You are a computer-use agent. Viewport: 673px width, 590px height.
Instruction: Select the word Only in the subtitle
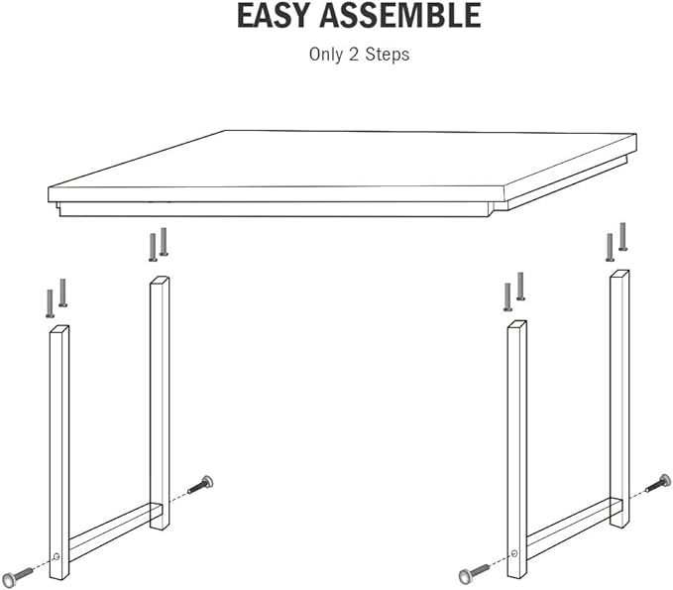tap(326, 55)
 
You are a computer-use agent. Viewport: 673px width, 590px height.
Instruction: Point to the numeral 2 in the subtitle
tap(355, 55)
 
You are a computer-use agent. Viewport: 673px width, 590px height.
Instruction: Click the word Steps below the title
tap(387, 55)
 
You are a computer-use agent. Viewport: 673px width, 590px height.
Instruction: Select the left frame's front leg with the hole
tap(59, 446)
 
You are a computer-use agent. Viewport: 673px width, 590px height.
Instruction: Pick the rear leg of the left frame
tap(159, 397)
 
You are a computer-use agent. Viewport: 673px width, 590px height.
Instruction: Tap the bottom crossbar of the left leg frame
tap(109, 531)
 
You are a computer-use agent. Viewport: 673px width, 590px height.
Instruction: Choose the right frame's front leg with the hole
tap(516, 446)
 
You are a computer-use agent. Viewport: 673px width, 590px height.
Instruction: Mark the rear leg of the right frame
tap(619, 387)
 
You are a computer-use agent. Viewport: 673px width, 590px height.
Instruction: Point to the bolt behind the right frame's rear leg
tap(659, 484)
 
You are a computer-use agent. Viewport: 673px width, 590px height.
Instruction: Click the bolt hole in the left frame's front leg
tap(56, 557)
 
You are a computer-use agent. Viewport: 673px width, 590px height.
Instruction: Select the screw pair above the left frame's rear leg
tap(158, 244)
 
